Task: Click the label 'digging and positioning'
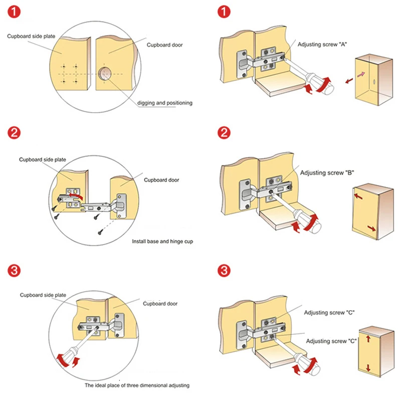(164, 103)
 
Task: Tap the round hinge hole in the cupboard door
(105, 75)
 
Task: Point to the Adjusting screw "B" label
(327, 173)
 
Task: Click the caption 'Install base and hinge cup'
(162, 242)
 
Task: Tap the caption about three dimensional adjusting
(136, 385)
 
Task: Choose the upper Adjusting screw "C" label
(330, 312)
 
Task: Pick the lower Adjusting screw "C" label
(331, 341)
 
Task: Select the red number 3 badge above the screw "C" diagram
(224, 271)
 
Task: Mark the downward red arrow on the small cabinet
(368, 368)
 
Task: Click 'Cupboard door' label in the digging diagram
(164, 45)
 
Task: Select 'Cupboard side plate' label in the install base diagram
(43, 159)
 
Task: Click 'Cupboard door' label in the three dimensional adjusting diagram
(160, 304)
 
